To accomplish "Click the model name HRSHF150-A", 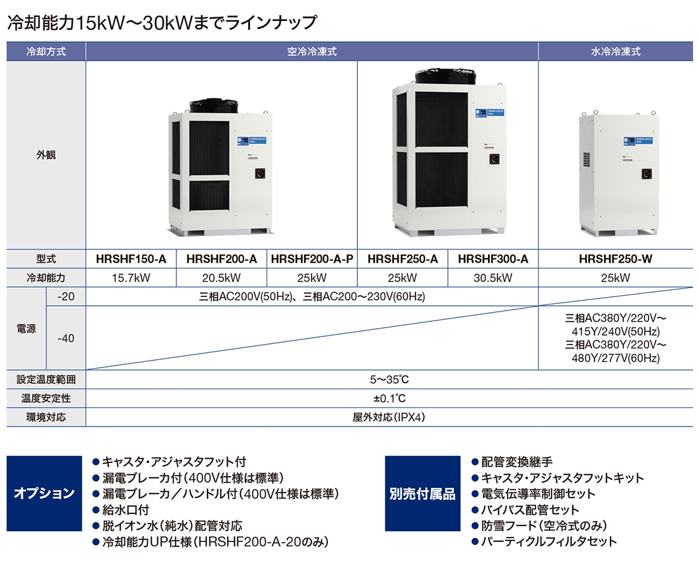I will (131, 259).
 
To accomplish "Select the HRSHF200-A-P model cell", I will (312, 259).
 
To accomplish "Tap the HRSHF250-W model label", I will (616, 259).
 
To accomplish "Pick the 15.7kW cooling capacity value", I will (131, 278).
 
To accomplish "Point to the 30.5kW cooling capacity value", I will (493, 278).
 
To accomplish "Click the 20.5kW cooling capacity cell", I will (221, 278).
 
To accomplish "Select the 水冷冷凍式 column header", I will (616, 51).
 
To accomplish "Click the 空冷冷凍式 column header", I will (312, 51).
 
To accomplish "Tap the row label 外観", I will (46, 154).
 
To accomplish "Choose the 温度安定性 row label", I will (46, 399).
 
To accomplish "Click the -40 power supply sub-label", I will (65, 338).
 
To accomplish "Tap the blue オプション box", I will (44, 493).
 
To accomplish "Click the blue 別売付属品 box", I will (423, 493).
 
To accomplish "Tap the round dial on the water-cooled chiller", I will (645, 173).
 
